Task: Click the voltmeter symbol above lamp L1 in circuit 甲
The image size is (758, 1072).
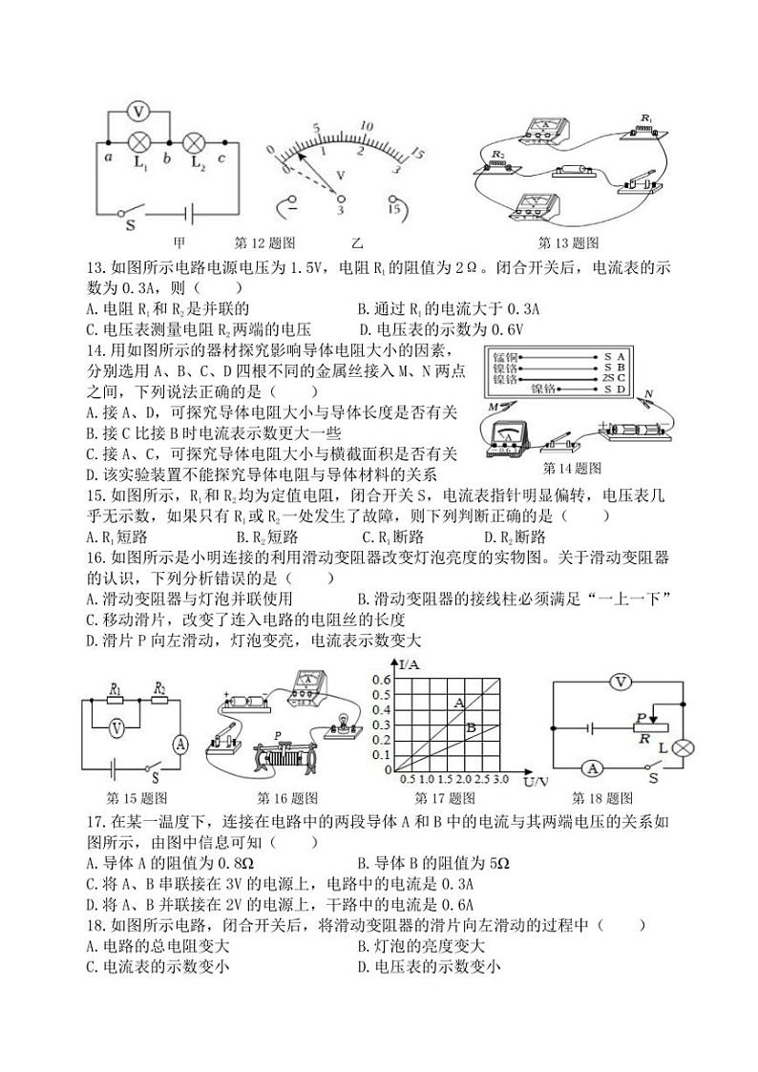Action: (138, 113)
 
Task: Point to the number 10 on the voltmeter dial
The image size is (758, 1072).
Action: (365, 125)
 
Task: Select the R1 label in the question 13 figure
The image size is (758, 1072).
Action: (646, 118)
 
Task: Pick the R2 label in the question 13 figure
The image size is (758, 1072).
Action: (497, 153)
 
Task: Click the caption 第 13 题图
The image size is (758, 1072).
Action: (569, 243)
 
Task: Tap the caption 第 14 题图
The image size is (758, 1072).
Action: (572, 468)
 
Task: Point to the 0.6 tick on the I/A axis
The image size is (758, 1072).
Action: (381, 680)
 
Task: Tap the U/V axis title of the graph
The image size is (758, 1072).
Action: (537, 782)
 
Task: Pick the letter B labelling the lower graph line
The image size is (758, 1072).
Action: (470, 727)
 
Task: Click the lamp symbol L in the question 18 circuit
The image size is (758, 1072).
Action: (682, 746)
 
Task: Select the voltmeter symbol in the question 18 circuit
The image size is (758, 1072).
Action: (621, 682)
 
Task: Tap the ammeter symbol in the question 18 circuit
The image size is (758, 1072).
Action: (593, 768)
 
